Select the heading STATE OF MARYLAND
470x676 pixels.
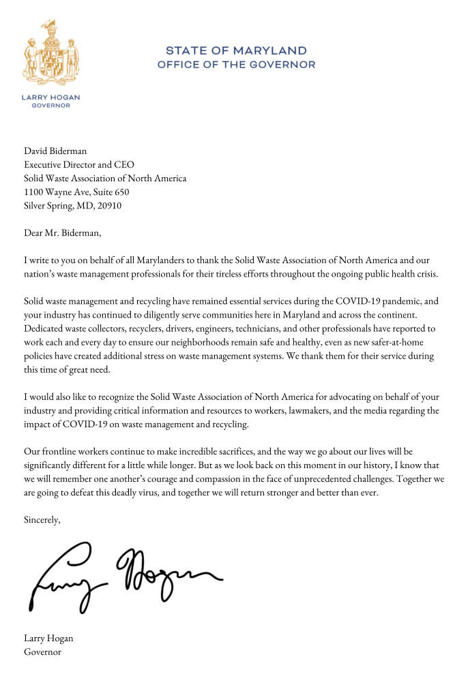[236, 51]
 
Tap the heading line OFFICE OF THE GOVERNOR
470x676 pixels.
[236, 65]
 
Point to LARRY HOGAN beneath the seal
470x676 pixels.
[51, 98]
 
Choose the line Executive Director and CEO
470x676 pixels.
[79, 165]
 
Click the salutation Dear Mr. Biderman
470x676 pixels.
[62, 233]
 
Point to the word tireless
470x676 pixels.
[235, 274]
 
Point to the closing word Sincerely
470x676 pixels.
[42, 520]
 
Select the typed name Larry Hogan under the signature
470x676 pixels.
[48, 639]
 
